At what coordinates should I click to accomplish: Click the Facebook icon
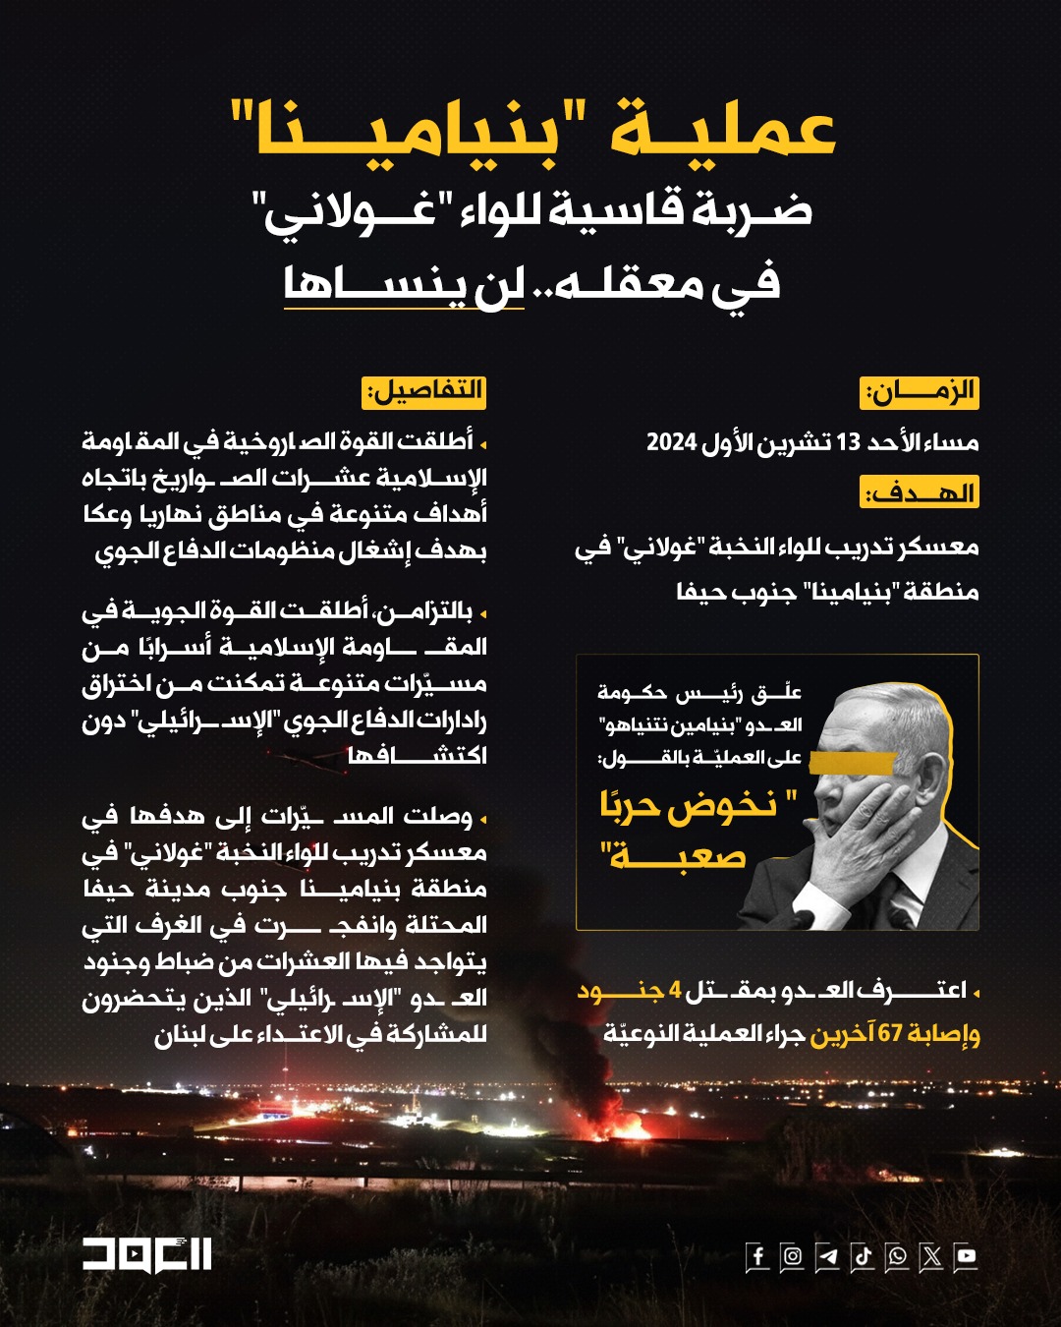click(x=757, y=1256)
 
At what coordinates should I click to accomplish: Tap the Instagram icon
click(x=792, y=1256)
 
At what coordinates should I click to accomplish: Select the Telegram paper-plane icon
click(x=827, y=1256)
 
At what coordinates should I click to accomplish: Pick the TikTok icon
click(x=862, y=1256)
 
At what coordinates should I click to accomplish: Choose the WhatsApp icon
click(x=897, y=1256)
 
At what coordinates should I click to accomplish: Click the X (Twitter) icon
click(x=931, y=1256)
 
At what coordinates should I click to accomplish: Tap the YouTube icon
click(x=966, y=1256)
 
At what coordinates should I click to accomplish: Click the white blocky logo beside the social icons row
click(x=146, y=1254)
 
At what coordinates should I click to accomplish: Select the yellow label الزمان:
click(x=920, y=392)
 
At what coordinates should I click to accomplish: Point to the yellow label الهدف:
click(x=920, y=491)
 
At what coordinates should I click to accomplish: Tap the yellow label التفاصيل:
click(x=425, y=391)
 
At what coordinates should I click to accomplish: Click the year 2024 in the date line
click(x=672, y=442)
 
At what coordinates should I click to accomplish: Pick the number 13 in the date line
click(x=848, y=442)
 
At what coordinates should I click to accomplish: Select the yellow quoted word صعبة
click(x=678, y=858)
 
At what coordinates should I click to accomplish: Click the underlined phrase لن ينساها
click(x=403, y=284)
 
